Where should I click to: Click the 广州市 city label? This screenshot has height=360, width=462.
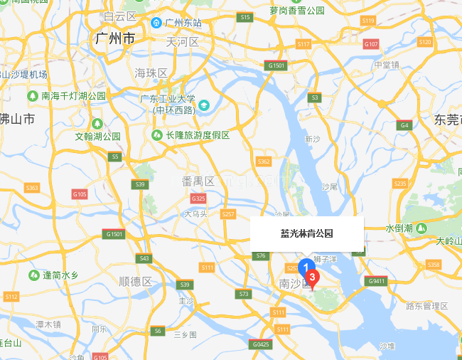114,38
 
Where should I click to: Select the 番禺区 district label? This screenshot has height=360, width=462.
198,181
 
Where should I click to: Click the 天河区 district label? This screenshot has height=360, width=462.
182,42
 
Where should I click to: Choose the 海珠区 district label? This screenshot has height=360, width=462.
151,73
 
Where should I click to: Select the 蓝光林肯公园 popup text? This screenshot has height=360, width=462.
307,233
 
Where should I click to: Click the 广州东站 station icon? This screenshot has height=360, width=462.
156,23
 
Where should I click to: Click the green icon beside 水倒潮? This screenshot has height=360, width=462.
421,228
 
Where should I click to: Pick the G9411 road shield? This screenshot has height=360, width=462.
376,281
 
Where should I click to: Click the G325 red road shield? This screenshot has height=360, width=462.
198,198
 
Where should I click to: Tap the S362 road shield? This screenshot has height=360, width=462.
264,162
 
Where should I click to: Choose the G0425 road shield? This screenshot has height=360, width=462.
261,344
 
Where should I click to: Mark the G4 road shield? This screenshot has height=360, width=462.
404,125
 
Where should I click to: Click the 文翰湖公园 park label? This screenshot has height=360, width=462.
97,136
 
